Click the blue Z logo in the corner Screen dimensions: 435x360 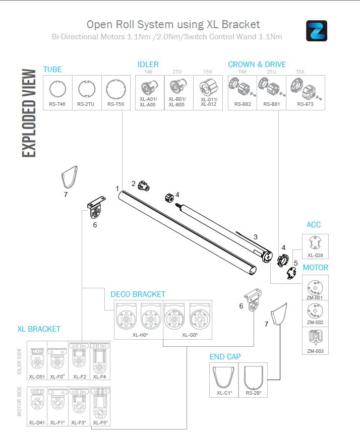(317, 30)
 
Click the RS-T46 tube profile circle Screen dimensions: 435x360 (58, 90)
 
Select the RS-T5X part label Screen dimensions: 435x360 (116, 105)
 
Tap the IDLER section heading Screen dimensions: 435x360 (148, 65)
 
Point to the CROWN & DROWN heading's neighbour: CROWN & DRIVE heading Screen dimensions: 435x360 (257, 65)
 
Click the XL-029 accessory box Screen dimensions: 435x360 (315, 246)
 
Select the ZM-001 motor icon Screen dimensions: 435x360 (315, 287)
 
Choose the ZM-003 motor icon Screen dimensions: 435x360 (315, 338)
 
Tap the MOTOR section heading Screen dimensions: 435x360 (316, 268)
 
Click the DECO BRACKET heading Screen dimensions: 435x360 (138, 294)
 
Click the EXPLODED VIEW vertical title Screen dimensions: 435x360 (29, 113)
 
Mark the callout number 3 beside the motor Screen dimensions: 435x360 (256, 237)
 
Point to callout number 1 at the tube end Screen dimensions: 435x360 (117, 189)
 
